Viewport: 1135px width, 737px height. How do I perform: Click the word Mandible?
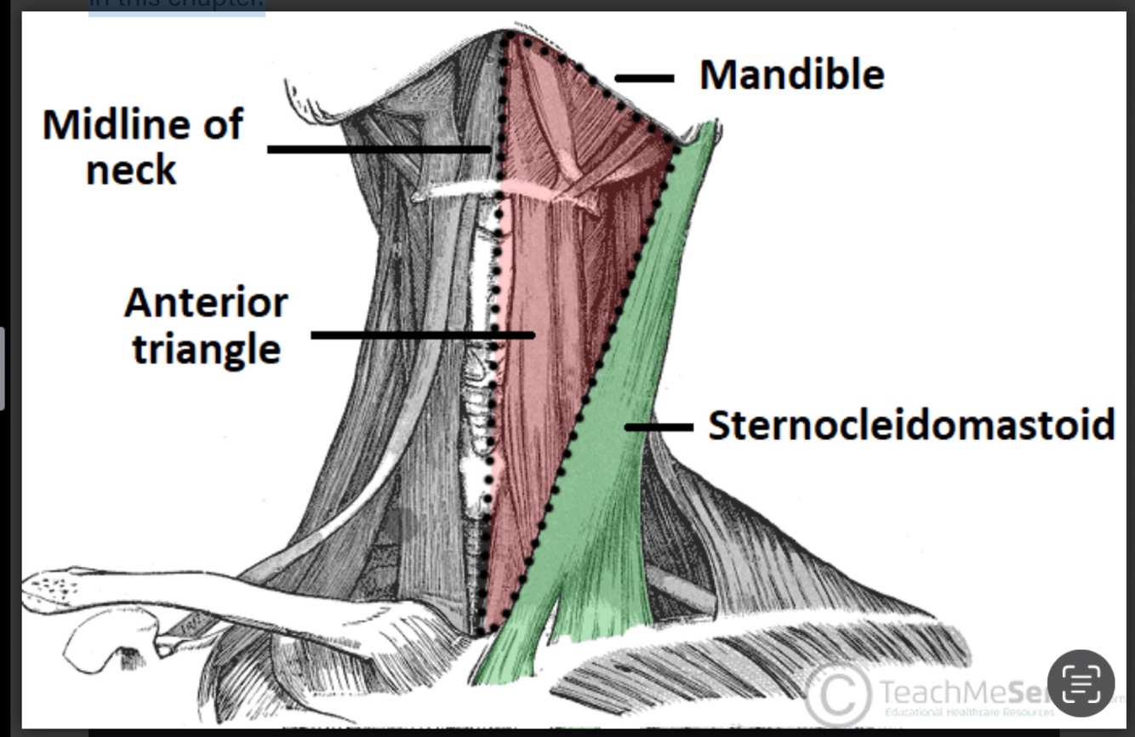click(791, 75)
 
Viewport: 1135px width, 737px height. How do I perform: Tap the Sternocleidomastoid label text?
click(910, 425)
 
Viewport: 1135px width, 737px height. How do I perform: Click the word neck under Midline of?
click(131, 169)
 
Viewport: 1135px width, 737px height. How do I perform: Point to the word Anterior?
click(206, 303)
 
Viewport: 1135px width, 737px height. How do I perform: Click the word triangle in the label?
click(206, 348)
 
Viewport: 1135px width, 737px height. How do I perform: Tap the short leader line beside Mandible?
click(643, 78)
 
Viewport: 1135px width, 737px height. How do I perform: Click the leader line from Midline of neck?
click(378, 149)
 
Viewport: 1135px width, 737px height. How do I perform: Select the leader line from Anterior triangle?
click(422, 335)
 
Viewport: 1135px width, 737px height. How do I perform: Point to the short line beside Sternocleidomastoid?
click(659, 426)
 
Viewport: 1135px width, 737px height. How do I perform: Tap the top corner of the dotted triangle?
click(509, 37)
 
